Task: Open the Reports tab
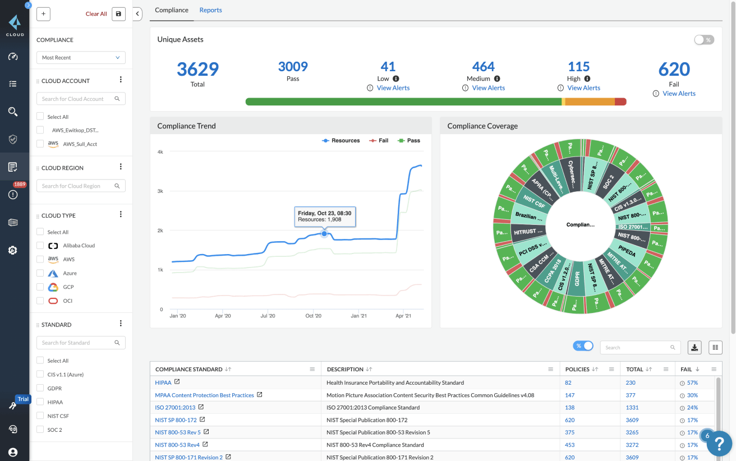point(210,10)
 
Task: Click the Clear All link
point(96,14)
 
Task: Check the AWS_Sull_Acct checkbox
point(40,144)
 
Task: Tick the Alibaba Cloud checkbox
point(40,246)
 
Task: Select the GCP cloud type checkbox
point(40,287)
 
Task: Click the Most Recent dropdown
point(81,58)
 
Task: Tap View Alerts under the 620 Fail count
point(679,94)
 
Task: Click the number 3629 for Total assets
point(197,70)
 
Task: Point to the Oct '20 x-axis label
point(313,316)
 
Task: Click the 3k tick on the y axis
point(160,191)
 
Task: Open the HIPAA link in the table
point(163,382)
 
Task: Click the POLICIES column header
point(577,370)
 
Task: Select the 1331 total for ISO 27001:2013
point(632,408)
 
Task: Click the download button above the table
point(694,348)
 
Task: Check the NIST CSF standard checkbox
point(40,416)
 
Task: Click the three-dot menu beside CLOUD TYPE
point(121,215)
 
